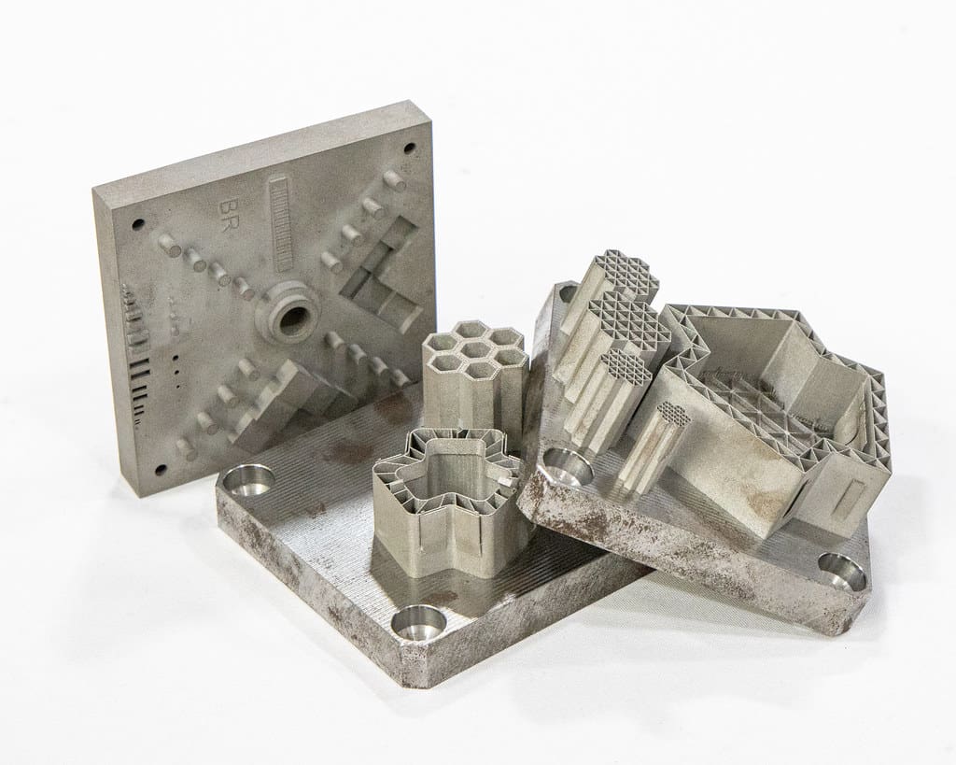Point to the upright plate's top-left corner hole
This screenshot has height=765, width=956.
pos(138,222)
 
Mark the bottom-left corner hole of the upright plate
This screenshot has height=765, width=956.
pos(161,470)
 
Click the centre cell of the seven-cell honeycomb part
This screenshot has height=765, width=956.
pos(473,350)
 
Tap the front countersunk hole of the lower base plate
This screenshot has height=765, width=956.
pos(416,623)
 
